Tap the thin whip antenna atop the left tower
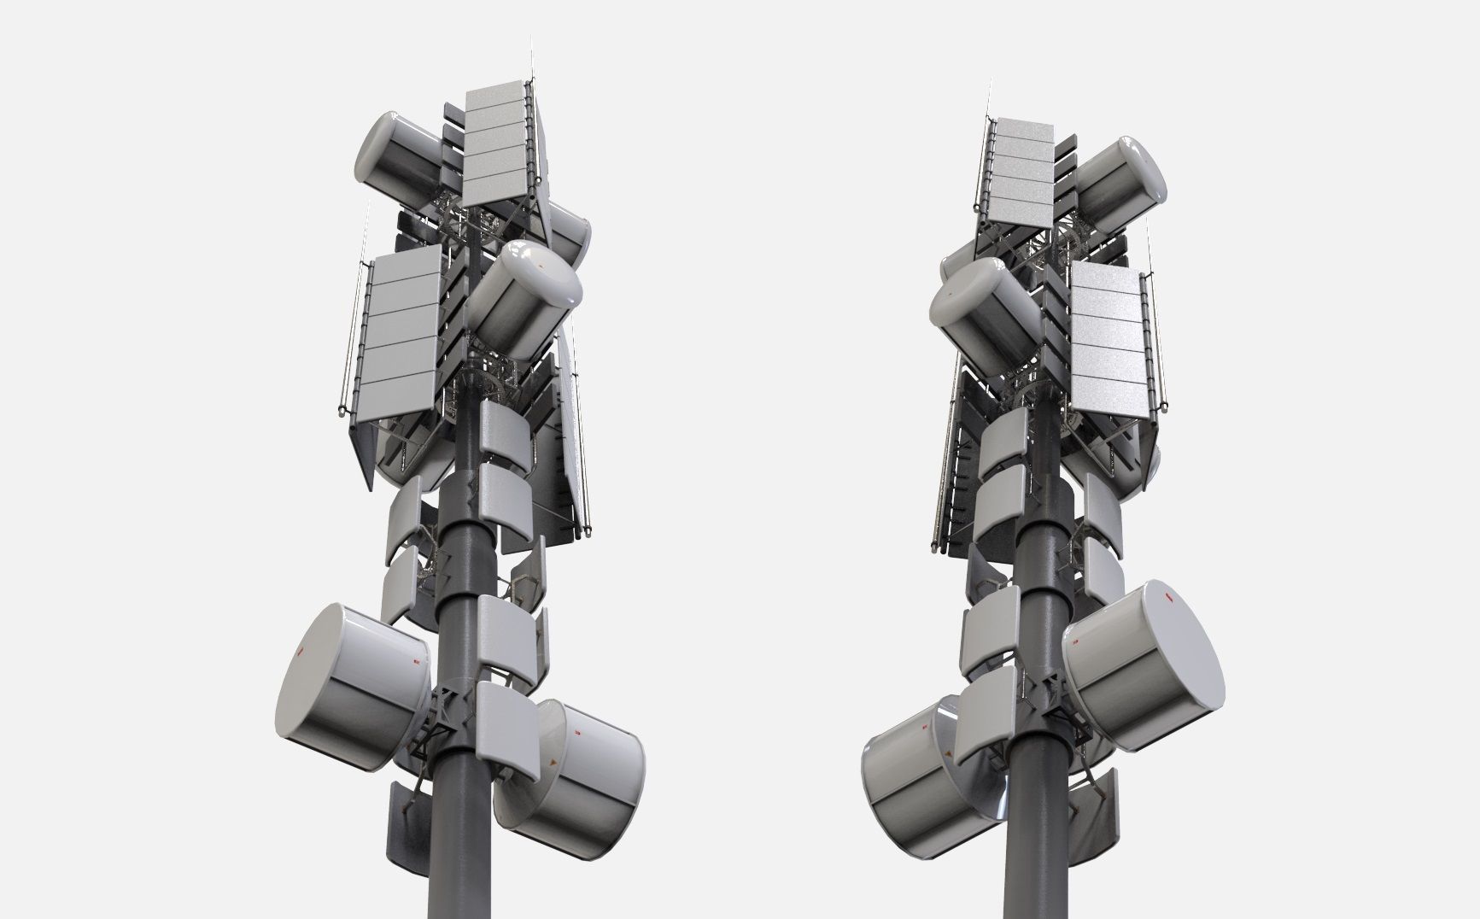pos(531,60)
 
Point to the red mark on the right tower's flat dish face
pos(1167,598)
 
